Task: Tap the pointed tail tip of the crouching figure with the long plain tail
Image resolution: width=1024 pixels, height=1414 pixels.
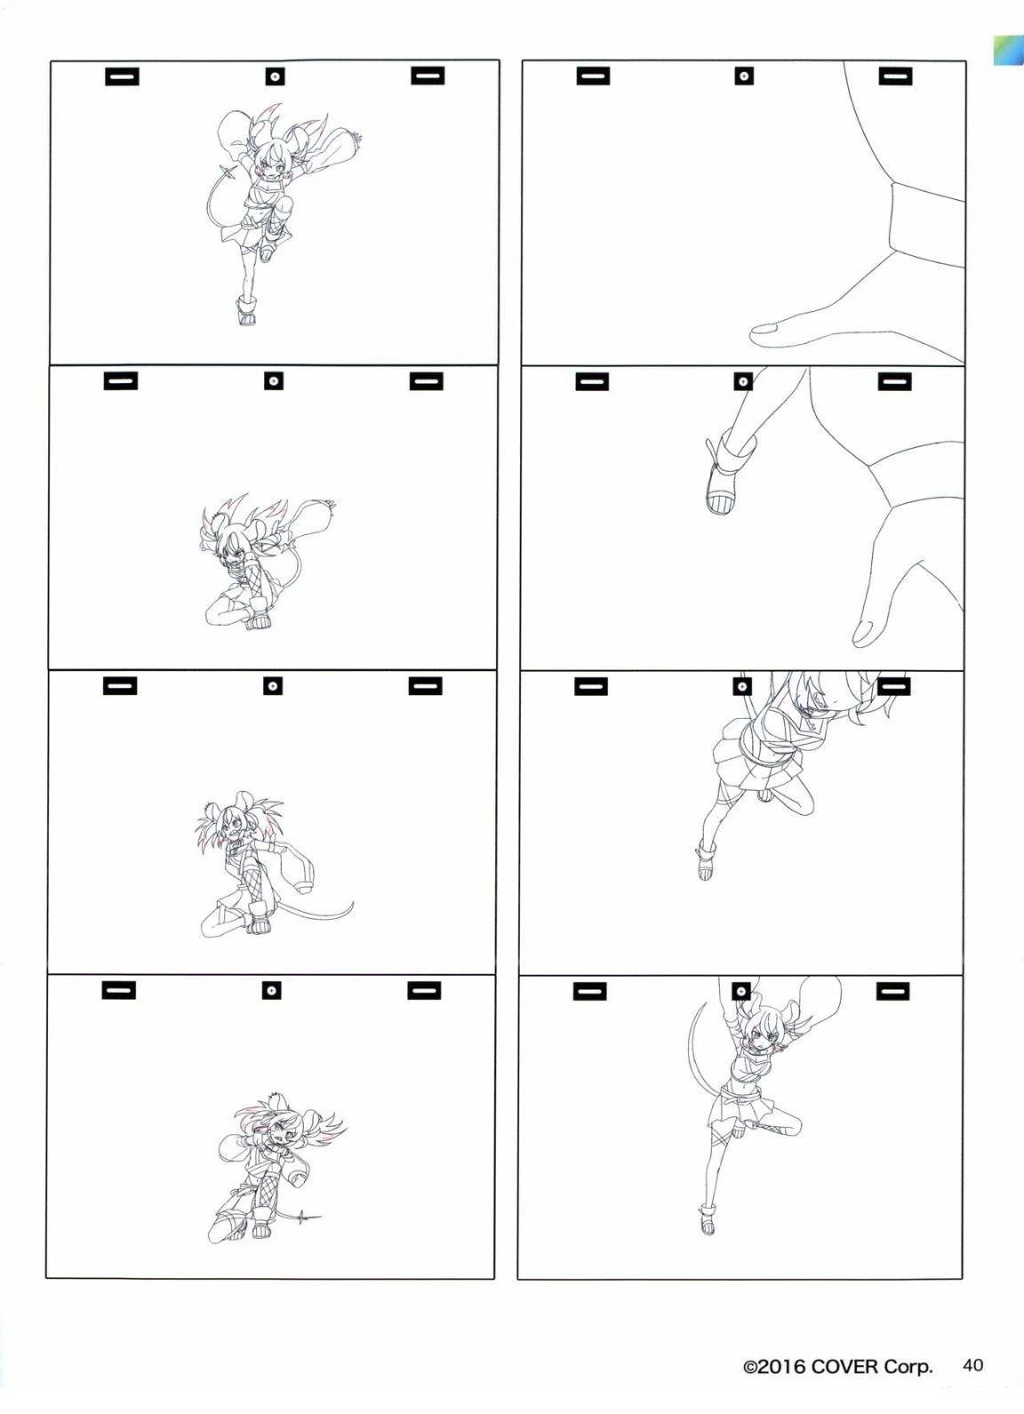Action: pyautogui.click(x=352, y=906)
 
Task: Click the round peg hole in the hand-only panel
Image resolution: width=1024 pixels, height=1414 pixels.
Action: pyautogui.click(x=744, y=76)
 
